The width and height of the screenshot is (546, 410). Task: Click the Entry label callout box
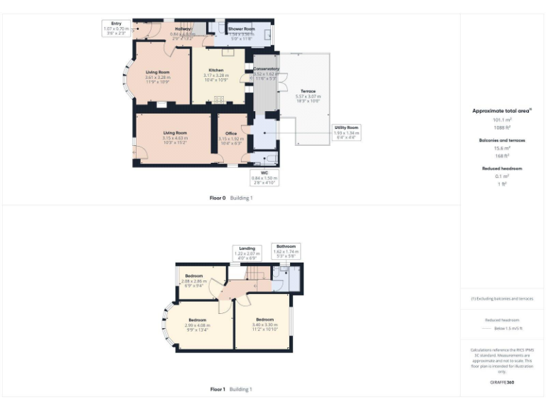[x=117, y=28]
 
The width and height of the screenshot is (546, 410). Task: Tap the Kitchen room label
[x=216, y=70]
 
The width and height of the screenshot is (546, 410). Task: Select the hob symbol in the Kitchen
[x=219, y=99]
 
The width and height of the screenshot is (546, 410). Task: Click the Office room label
[x=231, y=133]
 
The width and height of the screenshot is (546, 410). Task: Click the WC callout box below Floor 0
[x=264, y=177]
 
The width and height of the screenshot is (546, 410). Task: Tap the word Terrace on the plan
[x=308, y=92]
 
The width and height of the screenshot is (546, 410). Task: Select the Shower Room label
[x=240, y=29]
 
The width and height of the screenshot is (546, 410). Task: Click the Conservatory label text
[x=267, y=69]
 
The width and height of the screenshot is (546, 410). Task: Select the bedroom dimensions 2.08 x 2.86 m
[x=195, y=281]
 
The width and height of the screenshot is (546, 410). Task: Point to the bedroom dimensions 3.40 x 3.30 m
[x=264, y=324]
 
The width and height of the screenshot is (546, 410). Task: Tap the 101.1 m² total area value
[x=503, y=120]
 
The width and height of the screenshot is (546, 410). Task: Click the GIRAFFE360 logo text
[x=502, y=383]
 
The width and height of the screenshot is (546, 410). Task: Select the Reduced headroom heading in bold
[x=503, y=169]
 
